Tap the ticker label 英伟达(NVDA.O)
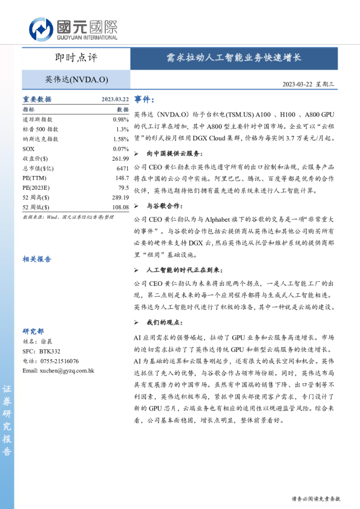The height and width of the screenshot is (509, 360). pos(76,79)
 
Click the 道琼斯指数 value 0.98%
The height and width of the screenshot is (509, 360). pos(121,120)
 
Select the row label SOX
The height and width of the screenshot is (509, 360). pos(28,149)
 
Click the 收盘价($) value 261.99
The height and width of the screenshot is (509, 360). pos(120,158)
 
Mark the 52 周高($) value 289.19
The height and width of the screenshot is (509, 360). pos(120,197)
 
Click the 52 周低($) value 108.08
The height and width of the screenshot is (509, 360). pos(120,207)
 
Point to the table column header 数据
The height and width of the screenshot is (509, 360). pos(123,110)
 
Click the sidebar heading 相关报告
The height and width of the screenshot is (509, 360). pos(37,258)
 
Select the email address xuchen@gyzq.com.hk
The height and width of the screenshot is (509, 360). pos(58,370)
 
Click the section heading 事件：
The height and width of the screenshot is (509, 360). pos(145,99)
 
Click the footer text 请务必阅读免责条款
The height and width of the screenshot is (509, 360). pos(316,499)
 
